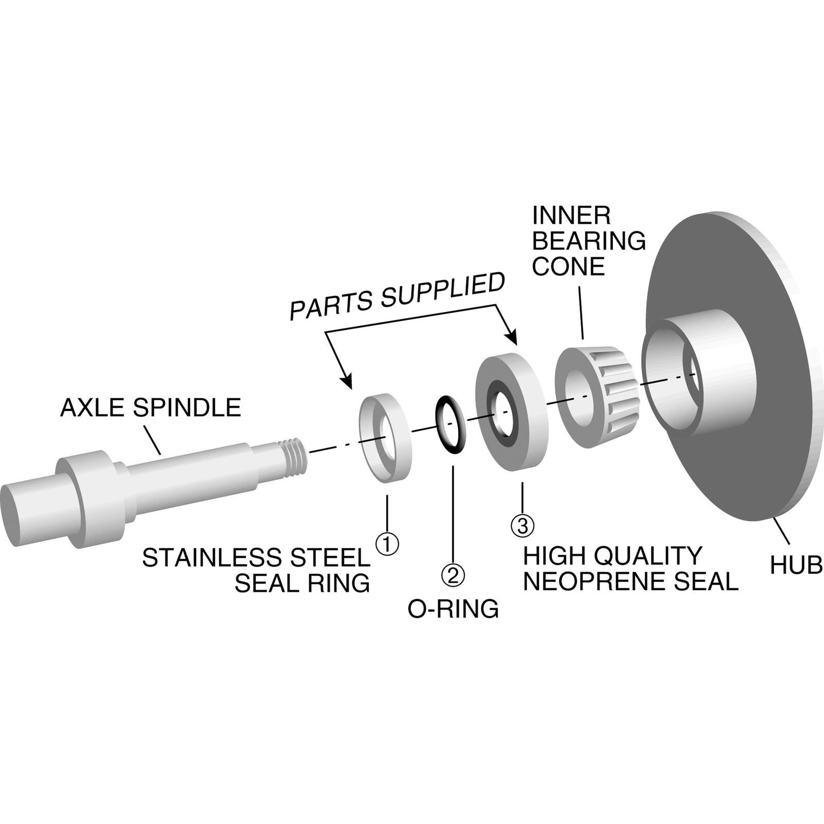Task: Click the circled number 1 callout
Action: coord(387,544)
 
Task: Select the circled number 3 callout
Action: coord(522,526)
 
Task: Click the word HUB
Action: coord(796,566)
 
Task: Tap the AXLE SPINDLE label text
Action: coord(150,408)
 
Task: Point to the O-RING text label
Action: coord(453,609)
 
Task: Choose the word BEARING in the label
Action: coord(589,241)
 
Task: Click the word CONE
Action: coord(568,267)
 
